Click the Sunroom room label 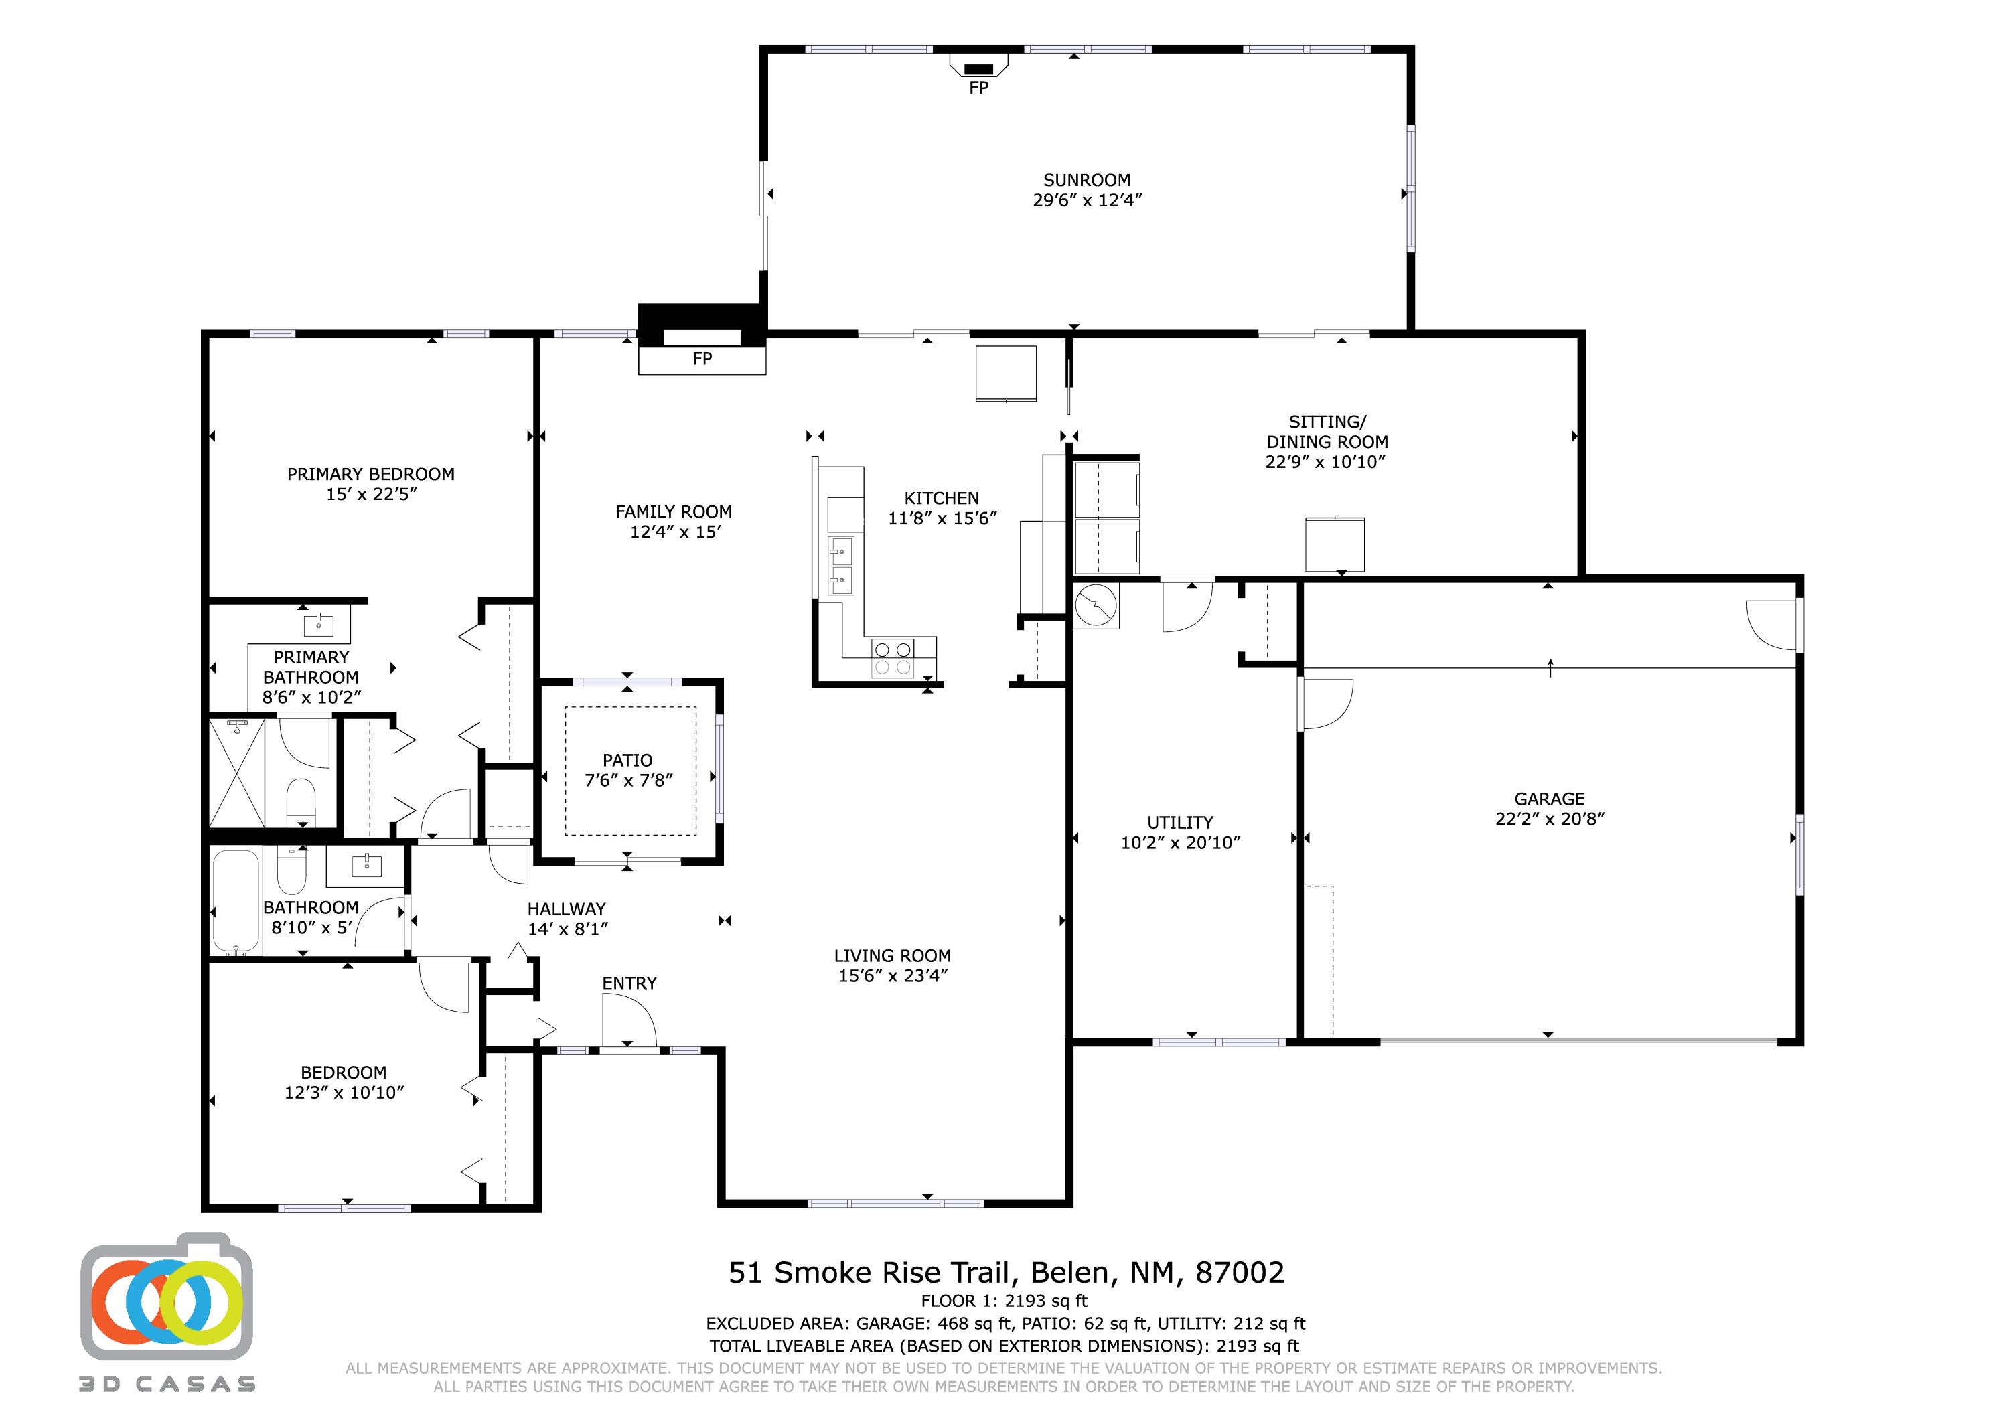(1087, 180)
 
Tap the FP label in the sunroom (978, 88)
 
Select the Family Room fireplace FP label (702, 359)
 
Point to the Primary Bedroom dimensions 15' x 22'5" (371, 494)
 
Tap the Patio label (627, 761)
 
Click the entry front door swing (629, 1022)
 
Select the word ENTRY (629, 983)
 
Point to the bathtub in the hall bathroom (235, 902)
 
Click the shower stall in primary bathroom (237, 772)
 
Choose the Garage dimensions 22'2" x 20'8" (1550, 819)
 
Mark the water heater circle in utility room (1096, 605)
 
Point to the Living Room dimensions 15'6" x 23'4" (893, 975)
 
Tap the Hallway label (566, 909)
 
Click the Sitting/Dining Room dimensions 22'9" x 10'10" (1327, 462)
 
